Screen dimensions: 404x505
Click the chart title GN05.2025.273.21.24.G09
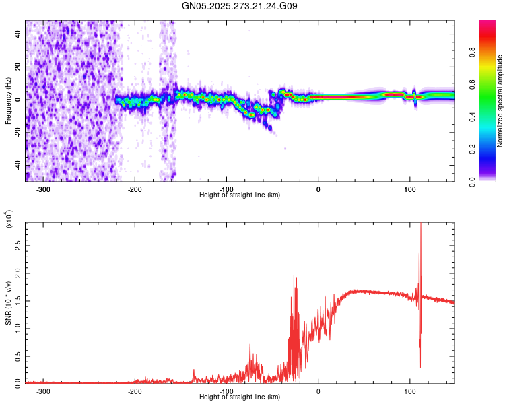click(240, 6)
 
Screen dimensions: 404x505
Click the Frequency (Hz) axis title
click(8, 101)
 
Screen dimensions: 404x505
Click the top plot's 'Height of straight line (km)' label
click(240, 195)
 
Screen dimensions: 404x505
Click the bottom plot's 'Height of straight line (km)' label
click(240, 397)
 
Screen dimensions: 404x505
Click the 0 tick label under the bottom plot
click(318, 391)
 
